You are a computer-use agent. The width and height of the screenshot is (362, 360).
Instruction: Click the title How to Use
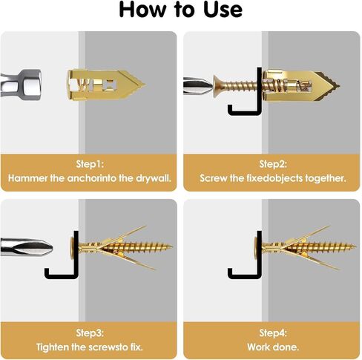[x=181, y=10]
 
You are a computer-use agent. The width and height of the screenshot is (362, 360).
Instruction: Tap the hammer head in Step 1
[x=21, y=85]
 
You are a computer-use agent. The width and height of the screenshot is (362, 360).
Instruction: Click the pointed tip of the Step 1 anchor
[x=145, y=85]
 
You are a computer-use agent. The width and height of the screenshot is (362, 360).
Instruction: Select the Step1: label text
[x=90, y=164]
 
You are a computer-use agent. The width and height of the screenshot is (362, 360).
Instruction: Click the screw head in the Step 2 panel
[x=217, y=85]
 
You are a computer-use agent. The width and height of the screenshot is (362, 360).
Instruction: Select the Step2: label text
[x=273, y=164]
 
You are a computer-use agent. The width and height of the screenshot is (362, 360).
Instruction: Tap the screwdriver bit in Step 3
[x=27, y=247]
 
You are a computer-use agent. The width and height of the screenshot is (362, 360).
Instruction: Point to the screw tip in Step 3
[x=171, y=246]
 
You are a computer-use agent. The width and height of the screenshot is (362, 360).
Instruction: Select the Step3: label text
[x=90, y=333]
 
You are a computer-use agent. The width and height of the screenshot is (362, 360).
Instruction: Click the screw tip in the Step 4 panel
[x=355, y=246]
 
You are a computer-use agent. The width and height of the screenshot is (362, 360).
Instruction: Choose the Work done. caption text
[x=273, y=347]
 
